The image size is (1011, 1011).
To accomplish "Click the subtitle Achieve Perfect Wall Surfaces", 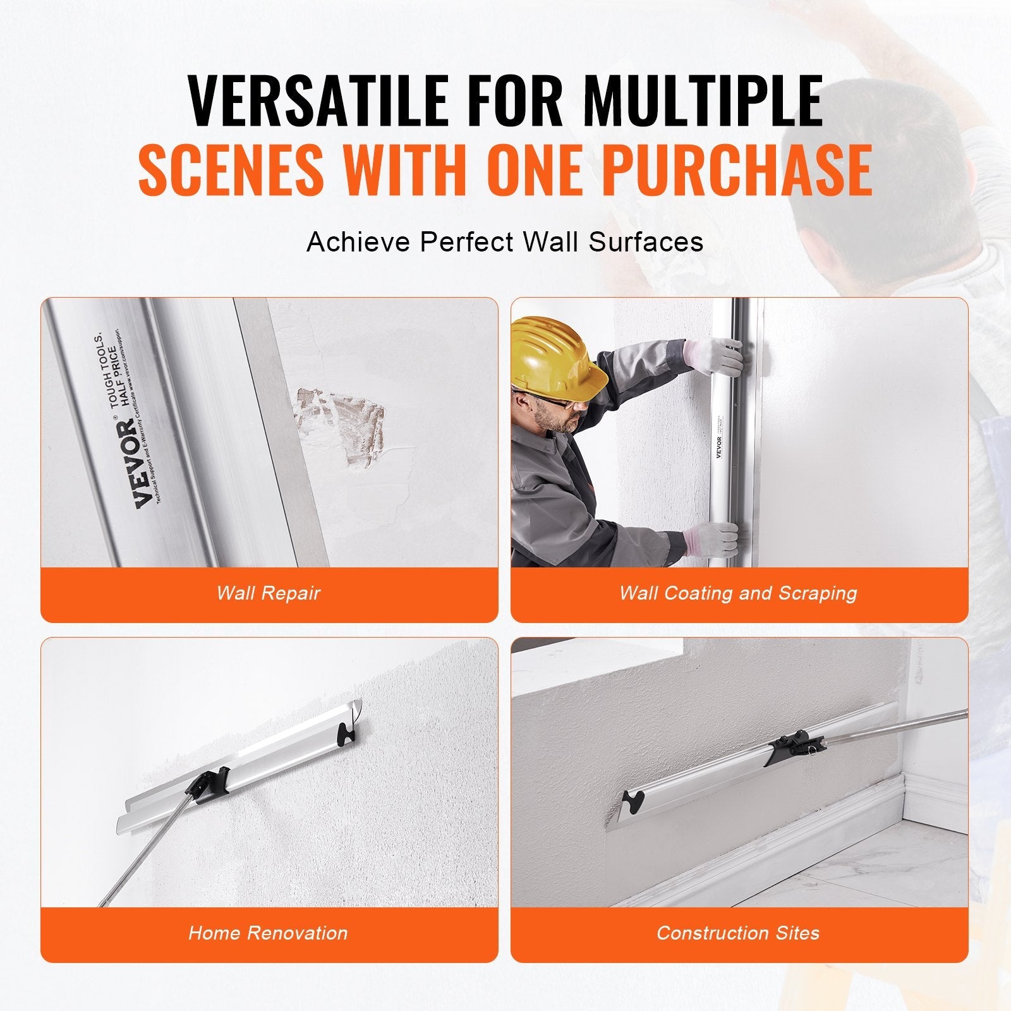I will [x=505, y=242].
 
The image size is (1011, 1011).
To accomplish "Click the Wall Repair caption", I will [x=269, y=593].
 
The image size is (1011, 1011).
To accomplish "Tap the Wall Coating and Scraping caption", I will [x=738, y=593].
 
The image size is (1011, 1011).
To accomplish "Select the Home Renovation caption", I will [x=269, y=933].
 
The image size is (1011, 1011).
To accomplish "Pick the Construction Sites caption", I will [x=738, y=933].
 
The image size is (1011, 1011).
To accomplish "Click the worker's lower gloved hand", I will [x=714, y=540].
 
